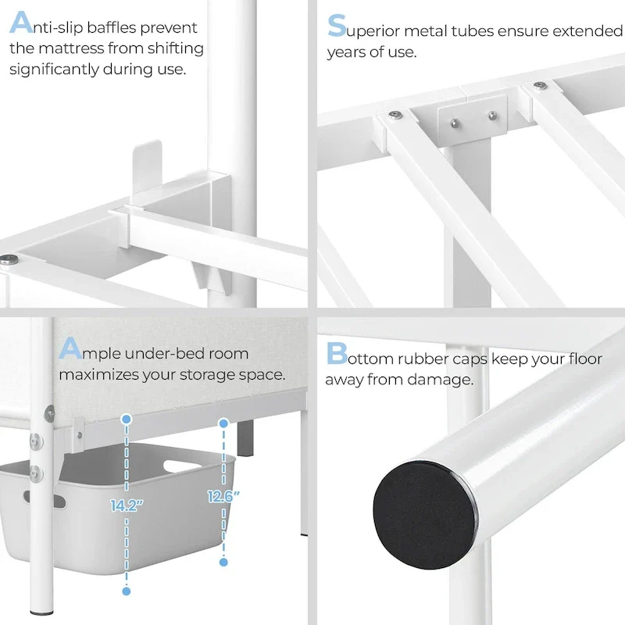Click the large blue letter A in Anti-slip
22,24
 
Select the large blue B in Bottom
337,353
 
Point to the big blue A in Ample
70,348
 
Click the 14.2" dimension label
127,505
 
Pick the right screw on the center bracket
492,116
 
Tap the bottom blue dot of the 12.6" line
223,562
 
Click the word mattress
70,48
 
